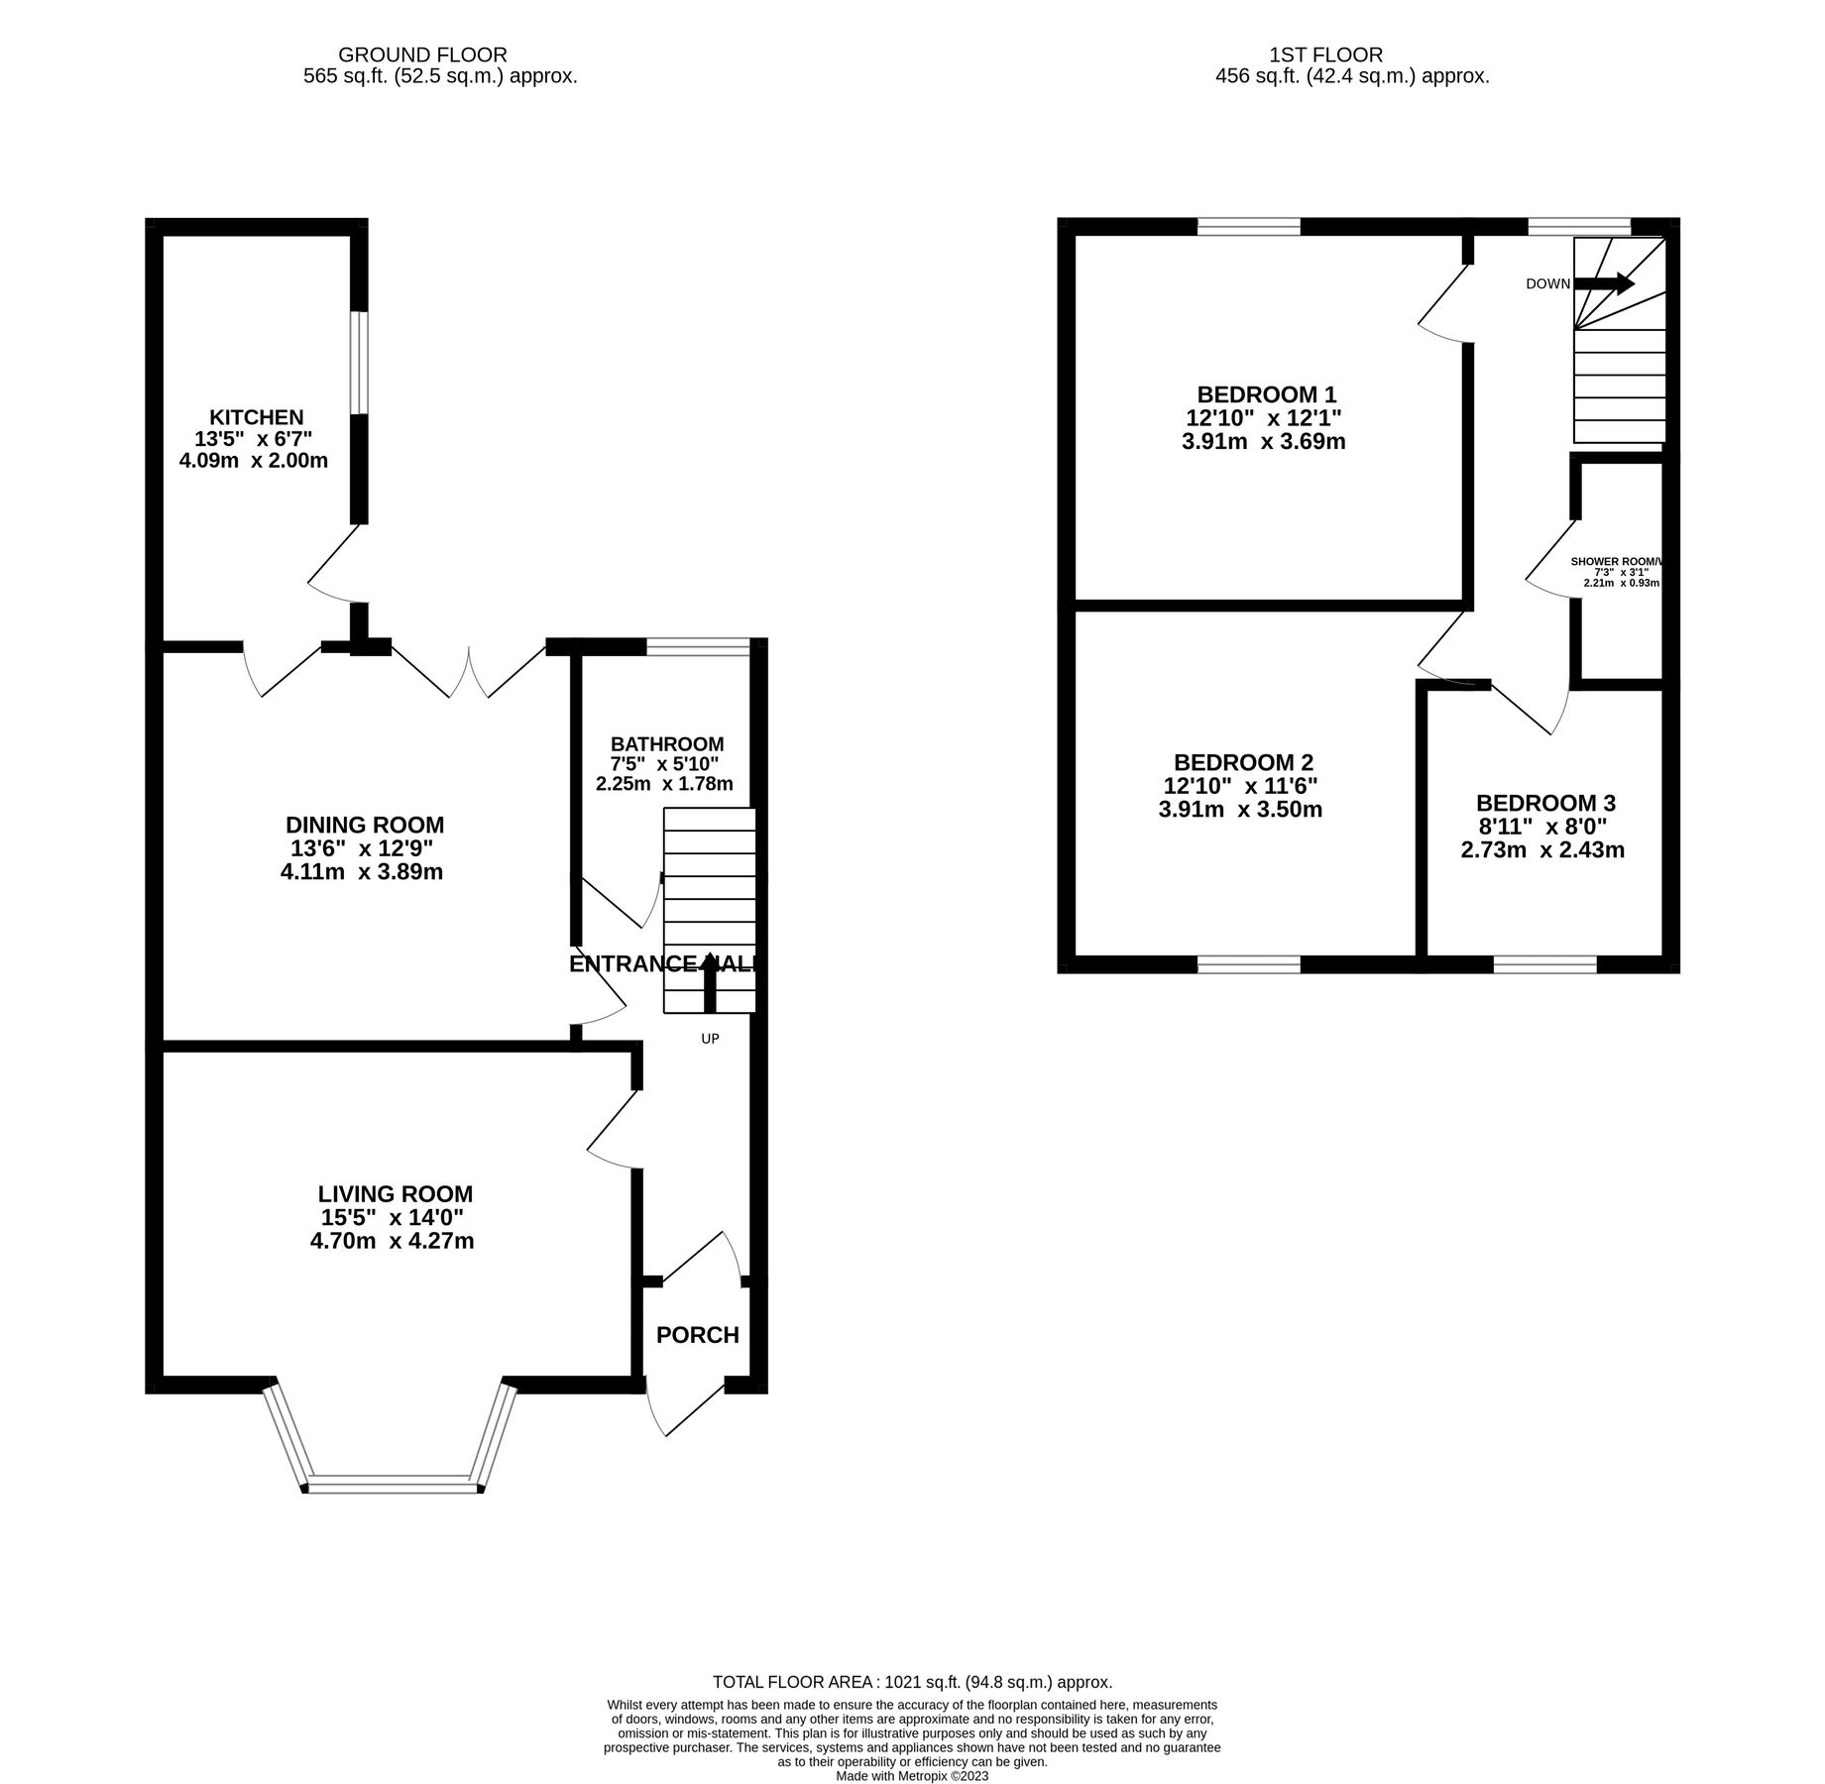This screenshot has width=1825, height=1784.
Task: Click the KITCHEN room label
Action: pos(256,417)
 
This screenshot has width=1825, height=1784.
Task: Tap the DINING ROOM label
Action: pos(364,825)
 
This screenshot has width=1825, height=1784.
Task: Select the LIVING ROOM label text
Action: pos(395,1194)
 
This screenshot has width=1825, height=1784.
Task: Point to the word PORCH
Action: pos(697,1335)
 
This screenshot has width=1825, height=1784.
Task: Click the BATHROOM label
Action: pos(666,743)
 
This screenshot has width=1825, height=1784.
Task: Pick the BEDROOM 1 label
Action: pos(1266,393)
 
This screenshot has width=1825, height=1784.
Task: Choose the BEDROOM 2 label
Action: pos(1242,762)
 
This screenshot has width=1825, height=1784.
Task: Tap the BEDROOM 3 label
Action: pos(1544,803)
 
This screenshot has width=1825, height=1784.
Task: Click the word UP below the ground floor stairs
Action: pos(710,1039)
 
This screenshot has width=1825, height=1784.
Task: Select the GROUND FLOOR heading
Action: pos(422,55)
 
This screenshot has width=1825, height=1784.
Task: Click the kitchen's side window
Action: pos(360,362)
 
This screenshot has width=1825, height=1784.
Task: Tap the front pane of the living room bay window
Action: pos(393,1485)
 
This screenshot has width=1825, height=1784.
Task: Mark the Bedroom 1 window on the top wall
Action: pos(1248,227)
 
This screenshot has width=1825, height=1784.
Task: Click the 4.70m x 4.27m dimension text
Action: pos(392,1241)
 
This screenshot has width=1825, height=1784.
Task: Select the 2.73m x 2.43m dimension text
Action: pos(1541,849)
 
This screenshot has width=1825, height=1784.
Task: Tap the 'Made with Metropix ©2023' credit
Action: pos(912,1776)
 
